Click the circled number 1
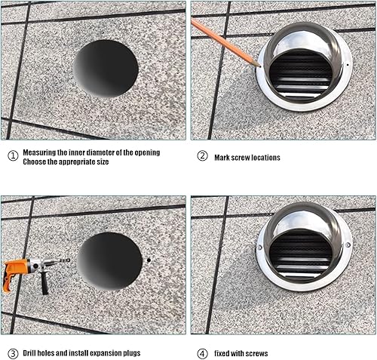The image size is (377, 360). click(x=13, y=156)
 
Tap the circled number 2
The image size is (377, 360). click(x=202, y=156)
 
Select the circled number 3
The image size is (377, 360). click(x=13, y=354)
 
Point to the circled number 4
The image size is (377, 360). click(x=202, y=354)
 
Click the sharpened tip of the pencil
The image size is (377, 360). click(x=260, y=66)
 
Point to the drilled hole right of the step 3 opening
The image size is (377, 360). click(x=149, y=260)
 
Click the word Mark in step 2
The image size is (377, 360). click(x=222, y=158)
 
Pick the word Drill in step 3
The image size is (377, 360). click(x=29, y=353)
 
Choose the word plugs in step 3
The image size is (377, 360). click(x=131, y=353)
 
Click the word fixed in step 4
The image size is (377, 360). click(x=222, y=353)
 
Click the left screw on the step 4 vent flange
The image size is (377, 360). click(x=260, y=248)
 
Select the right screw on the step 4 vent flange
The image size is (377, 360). click(x=348, y=245)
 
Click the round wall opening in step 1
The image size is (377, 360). click(x=106, y=69)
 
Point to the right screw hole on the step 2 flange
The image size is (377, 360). click(x=348, y=65)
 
